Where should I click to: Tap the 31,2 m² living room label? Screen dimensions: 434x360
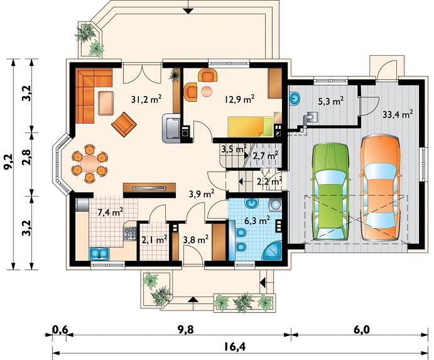click(x=146, y=99)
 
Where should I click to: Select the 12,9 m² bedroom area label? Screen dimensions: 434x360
click(x=239, y=99)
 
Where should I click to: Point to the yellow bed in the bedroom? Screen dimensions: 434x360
click(x=250, y=126)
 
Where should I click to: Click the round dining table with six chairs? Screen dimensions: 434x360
click(x=90, y=163)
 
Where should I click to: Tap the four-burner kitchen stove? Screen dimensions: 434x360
click(x=130, y=233)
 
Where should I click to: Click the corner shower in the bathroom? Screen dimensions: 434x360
click(x=272, y=251)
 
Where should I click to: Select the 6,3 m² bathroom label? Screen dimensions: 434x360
click(x=258, y=221)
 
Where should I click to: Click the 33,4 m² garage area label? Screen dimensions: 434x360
click(x=398, y=114)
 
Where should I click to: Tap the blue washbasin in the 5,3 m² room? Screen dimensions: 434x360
click(x=295, y=99)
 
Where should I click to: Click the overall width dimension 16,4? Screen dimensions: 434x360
click(x=236, y=346)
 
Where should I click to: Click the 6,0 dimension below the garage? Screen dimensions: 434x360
click(x=362, y=330)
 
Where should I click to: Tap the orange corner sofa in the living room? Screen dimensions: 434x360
click(x=90, y=95)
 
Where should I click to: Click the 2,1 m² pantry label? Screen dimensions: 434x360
click(x=154, y=240)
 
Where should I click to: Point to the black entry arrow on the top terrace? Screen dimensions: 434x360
click(x=188, y=11)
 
